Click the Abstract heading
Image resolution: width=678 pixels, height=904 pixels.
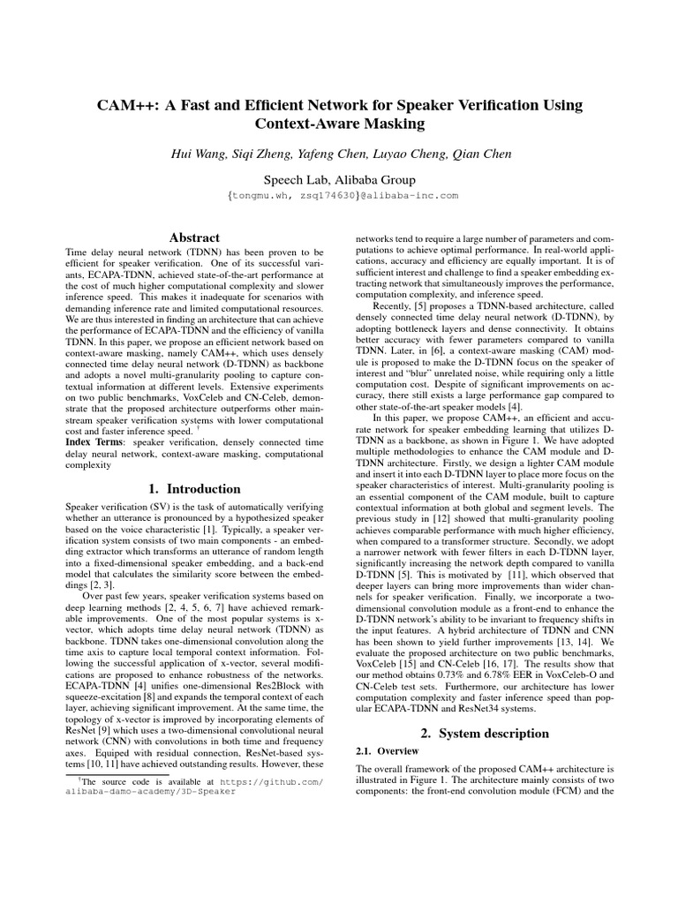point(194,237)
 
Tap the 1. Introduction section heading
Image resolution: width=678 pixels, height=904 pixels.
point(193,488)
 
